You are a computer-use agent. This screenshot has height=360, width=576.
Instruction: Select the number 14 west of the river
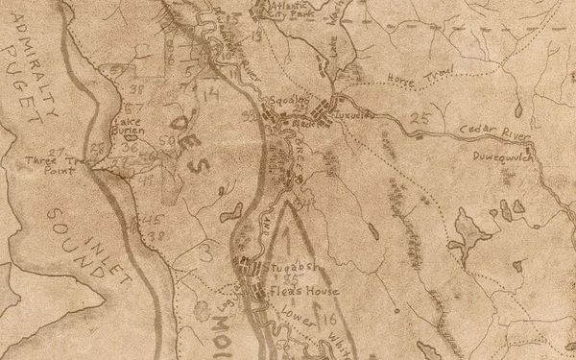tap(212, 93)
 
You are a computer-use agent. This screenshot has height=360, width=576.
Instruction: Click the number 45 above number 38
tap(152, 219)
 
